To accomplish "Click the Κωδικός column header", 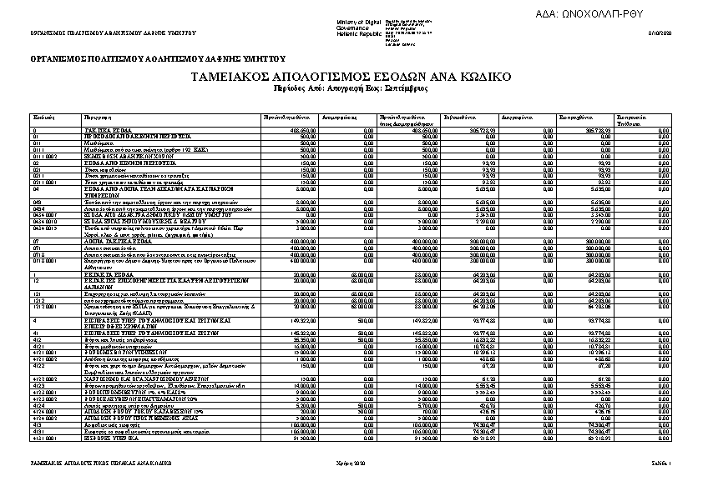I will (x=43, y=118).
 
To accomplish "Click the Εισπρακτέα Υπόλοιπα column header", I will (x=629, y=120).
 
